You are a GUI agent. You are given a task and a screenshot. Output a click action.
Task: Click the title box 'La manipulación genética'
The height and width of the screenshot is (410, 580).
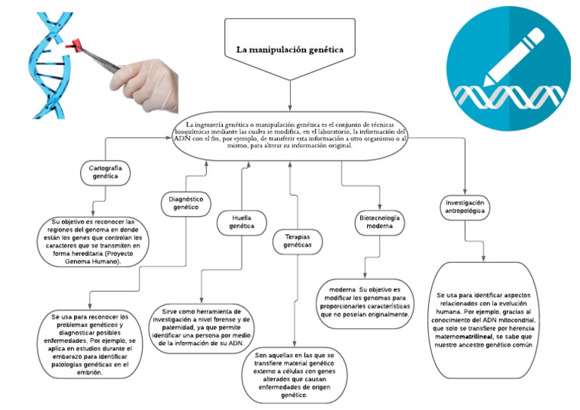click(x=290, y=50)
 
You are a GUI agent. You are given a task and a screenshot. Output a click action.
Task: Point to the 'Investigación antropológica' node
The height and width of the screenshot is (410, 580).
click(x=464, y=207)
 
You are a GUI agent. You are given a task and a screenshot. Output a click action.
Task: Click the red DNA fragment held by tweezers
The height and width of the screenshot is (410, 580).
click(x=74, y=47)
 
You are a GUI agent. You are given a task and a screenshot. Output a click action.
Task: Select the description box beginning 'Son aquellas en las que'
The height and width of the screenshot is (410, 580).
click(x=294, y=375)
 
